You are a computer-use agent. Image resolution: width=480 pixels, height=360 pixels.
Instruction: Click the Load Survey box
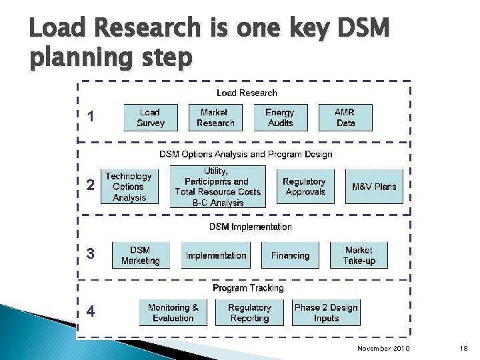150,118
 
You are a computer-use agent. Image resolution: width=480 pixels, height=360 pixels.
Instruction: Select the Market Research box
215,118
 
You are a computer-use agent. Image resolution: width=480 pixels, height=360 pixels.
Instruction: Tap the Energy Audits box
280,118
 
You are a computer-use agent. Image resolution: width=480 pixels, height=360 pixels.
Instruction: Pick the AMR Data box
345,118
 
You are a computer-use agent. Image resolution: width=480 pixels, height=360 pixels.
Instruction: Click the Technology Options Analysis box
129,187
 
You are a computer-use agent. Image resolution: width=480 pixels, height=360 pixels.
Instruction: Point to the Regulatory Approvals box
304,187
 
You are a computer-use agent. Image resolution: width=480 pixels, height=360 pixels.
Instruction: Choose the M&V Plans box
374,187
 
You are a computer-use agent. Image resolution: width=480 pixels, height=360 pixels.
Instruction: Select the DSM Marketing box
140,255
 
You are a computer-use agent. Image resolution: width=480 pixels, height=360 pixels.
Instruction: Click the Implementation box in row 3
216,255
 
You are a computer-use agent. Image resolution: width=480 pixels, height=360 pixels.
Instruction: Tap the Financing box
290,255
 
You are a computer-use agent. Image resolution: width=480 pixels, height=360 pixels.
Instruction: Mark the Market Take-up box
359,255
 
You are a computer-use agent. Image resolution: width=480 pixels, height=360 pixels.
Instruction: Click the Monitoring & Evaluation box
173,313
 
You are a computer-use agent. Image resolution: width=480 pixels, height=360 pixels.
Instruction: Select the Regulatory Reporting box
249,313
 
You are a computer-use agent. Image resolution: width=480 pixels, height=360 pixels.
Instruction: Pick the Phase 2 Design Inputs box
326,313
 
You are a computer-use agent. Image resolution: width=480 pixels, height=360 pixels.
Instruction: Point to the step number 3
91,254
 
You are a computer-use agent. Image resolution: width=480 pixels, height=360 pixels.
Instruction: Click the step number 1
91,117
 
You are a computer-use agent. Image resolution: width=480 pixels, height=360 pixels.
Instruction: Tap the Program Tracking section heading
248,288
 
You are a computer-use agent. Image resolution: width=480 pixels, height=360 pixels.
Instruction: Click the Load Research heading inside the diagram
247,93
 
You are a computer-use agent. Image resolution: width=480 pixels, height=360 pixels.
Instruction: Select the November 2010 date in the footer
383,349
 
